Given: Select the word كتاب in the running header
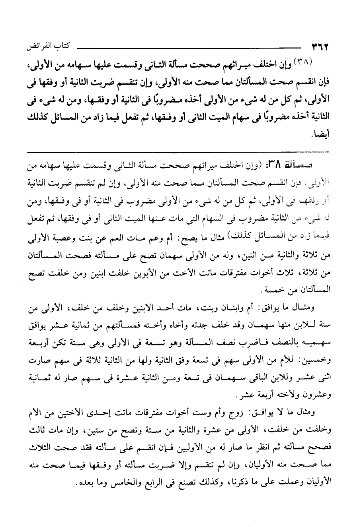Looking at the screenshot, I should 59,47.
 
